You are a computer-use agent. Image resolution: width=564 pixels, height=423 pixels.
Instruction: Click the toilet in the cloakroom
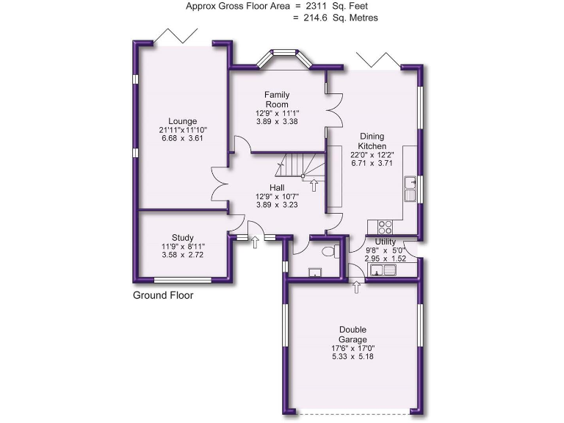coord(328,252)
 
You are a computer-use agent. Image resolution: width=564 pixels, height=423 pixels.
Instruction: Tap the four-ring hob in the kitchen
coord(383,226)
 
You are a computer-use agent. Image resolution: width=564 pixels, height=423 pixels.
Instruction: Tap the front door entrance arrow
coord(255,242)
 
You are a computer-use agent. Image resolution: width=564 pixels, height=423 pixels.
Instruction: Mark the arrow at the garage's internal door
coord(357,287)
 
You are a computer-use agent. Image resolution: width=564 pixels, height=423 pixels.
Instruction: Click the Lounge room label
coord(182,121)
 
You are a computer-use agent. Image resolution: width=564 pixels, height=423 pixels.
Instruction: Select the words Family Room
coord(277,99)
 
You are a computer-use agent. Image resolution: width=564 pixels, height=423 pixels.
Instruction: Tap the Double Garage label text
coord(353,334)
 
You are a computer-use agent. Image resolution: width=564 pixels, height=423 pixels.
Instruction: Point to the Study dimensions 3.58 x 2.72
coord(182,255)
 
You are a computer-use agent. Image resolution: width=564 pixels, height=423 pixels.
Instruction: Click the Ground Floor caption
coord(163,296)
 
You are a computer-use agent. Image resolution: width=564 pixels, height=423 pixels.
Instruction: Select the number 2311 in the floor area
coord(317,6)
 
